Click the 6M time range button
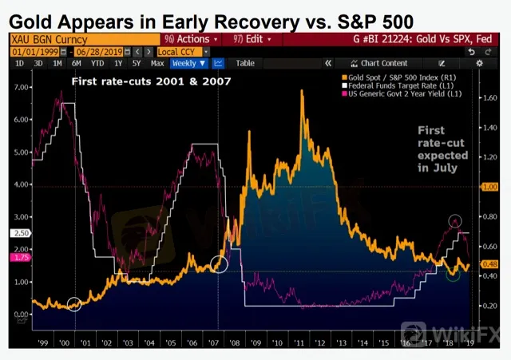tap(77, 63)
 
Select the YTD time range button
tap(97, 63)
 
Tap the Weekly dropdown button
tap(189, 63)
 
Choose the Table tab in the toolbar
tap(245, 63)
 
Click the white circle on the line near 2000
tap(74, 303)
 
